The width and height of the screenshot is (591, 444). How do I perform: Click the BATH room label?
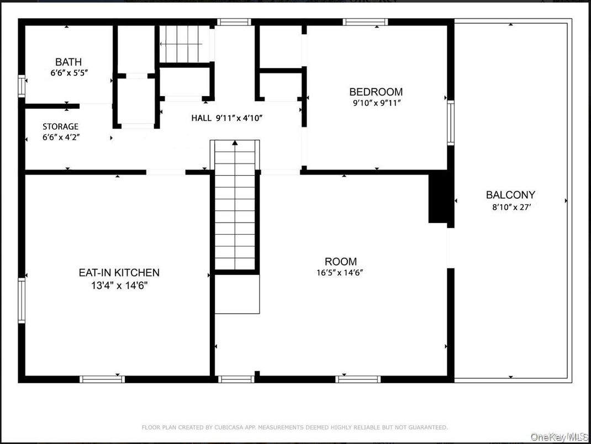point(68,62)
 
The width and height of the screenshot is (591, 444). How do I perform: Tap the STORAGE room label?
point(60,126)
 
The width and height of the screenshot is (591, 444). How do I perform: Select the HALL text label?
point(203,118)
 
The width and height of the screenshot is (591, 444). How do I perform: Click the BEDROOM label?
point(376,92)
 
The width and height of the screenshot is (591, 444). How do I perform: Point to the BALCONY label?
point(510,195)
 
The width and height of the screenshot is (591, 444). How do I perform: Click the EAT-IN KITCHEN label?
point(119,272)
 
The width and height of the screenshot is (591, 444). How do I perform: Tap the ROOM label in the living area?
point(340,261)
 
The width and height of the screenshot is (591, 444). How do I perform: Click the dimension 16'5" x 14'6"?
point(340,272)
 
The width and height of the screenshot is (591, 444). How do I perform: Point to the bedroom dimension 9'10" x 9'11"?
point(376,103)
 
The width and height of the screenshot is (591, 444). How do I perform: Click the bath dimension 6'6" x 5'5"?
point(68,72)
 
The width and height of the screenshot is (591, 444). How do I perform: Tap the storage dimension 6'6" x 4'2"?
point(60,138)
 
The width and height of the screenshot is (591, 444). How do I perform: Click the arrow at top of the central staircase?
point(235,143)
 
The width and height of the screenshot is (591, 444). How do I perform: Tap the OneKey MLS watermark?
point(560,436)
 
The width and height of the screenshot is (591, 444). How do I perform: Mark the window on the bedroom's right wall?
point(450,123)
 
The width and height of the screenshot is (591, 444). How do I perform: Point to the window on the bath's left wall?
point(22,86)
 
